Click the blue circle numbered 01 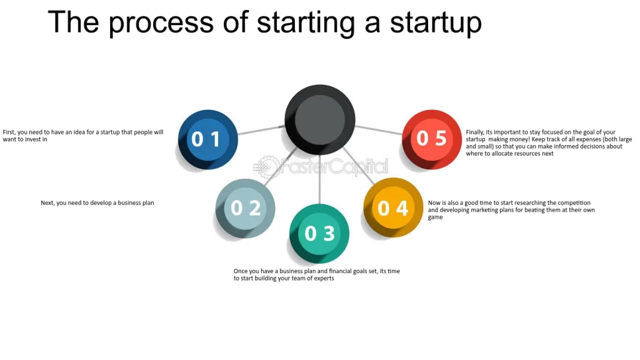[207, 139]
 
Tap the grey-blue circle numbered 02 [245, 208]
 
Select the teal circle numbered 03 [319, 234]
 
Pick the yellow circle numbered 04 [393, 207]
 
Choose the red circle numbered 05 [432, 139]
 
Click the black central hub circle [320, 119]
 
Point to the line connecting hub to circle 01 [261, 130]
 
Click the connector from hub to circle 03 [319, 179]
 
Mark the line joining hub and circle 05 [379, 130]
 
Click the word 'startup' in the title [436, 22]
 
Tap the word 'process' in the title [161, 23]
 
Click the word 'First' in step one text [9, 132]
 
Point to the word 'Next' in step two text [47, 203]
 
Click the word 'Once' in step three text [241, 271]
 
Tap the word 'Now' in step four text [434, 203]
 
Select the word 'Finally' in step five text [475, 132]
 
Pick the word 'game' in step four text [435, 217]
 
